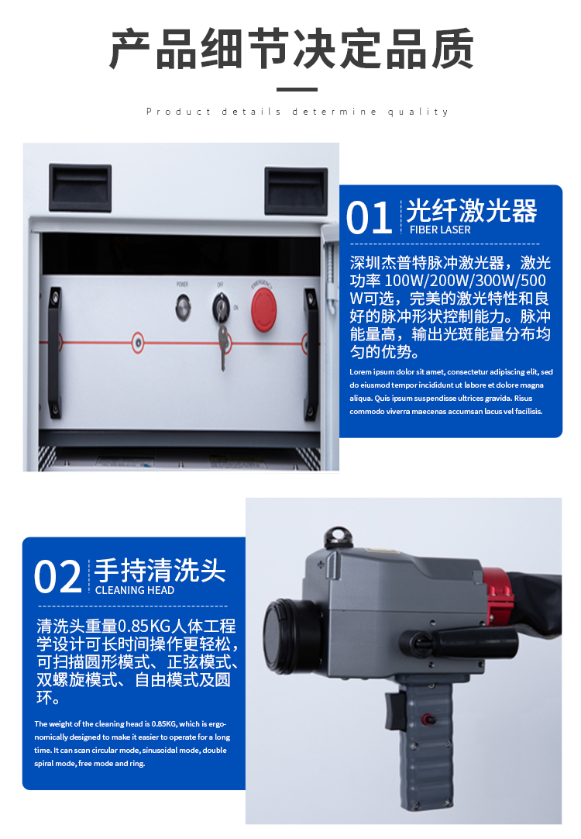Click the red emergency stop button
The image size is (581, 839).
[x=264, y=310]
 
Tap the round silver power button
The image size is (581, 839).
[x=183, y=307]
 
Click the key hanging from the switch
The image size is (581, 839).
[x=223, y=345]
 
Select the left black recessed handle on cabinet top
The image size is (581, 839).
[x=80, y=188]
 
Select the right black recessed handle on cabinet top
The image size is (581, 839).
[x=296, y=191]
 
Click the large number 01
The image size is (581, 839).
[x=369, y=218]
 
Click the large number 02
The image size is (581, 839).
[x=58, y=577]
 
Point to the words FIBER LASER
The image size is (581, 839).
[x=440, y=230]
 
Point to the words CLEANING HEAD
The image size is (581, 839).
[x=135, y=590]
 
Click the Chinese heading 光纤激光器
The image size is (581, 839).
[x=472, y=210]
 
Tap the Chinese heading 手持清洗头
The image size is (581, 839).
[x=160, y=570]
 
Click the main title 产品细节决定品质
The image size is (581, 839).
[x=292, y=49]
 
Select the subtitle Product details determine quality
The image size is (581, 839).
[x=297, y=112]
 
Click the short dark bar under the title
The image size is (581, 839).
[x=297, y=89]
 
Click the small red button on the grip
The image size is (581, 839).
[x=428, y=719]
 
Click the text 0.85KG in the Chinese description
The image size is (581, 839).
[x=137, y=626]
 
